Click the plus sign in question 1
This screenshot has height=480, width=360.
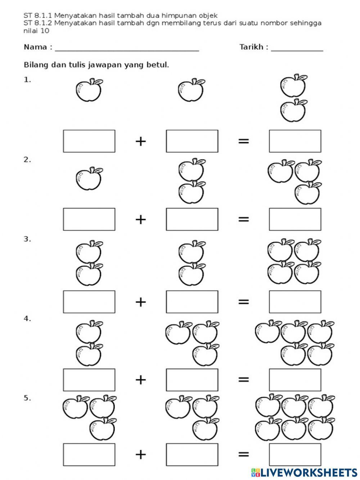click(x=141, y=141)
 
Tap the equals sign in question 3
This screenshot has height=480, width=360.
click(x=244, y=301)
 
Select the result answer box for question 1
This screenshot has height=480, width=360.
click(x=295, y=141)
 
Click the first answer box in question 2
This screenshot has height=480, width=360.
click(x=89, y=219)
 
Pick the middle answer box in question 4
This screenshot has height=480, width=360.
click(x=192, y=380)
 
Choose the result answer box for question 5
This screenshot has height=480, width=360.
click(x=295, y=454)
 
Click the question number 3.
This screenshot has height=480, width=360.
click(x=27, y=239)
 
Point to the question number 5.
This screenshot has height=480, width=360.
click(x=27, y=398)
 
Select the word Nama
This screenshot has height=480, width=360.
click(x=35, y=47)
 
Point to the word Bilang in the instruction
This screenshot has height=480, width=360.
click(x=35, y=65)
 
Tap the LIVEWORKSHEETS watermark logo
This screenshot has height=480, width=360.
click(x=304, y=472)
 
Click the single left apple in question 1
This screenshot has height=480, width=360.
click(x=89, y=90)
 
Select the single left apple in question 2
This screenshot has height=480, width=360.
click(x=89, y=179)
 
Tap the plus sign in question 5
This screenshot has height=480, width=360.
click(x=141, y=454)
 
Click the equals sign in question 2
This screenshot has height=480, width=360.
click(x=244, y=219)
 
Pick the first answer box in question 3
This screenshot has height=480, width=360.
click(x=89, y=301)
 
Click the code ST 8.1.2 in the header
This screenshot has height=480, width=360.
click(x=38, y=23)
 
